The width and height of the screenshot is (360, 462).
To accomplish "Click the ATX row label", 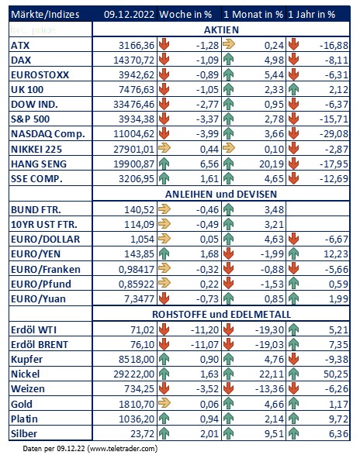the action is coord(20,46).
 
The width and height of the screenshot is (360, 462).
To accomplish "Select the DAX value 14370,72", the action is coord(134,60).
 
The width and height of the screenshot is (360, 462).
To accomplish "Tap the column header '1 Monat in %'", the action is coord(253,15).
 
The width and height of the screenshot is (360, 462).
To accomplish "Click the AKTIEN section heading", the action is coord(221,29).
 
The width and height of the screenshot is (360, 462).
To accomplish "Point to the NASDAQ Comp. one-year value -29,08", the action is coord(334,134).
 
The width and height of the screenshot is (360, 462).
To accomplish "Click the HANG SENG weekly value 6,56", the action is coord(209,164).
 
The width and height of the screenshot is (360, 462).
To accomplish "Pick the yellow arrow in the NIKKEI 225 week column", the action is coord(164,148).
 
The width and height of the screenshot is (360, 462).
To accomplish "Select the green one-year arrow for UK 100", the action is coord(293,89).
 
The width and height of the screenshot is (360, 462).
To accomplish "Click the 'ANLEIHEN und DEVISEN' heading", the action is coord(221,194).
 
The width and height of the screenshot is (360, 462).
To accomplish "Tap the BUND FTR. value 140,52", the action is coord(139,209).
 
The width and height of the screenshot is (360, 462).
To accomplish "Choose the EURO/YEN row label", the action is coord(36,254).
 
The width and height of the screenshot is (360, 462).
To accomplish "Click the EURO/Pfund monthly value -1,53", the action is coord(272,284).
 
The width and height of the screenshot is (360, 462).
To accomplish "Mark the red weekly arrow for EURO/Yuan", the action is coord(164,298).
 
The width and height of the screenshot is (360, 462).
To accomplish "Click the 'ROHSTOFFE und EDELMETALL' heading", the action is coord(221,315).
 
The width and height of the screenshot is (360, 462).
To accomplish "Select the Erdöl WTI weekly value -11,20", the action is coord(205,329).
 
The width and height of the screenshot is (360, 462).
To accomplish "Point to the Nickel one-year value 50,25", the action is coord(336,374).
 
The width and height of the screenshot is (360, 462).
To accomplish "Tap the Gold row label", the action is coord(22,404).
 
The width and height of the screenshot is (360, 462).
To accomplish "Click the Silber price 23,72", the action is coord(142,434).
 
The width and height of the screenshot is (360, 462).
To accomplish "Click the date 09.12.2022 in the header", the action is coord(129,15).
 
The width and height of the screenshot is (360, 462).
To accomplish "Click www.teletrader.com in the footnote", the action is coord(123,449).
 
